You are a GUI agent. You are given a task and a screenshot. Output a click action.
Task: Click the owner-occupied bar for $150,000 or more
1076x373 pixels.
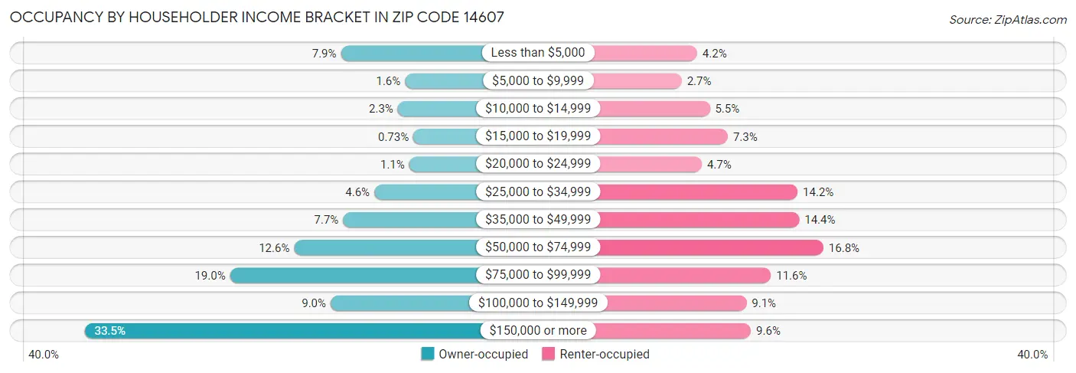pos(283,331)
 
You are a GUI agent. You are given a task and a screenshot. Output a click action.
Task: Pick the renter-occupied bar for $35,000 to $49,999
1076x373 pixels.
pos(696,220)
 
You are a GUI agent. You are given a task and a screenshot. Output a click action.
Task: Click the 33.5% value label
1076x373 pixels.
pos(109,331)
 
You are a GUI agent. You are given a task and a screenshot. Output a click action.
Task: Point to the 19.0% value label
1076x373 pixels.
pos(209,275)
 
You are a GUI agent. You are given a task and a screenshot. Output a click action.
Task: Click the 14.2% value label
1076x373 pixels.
pos(818,192)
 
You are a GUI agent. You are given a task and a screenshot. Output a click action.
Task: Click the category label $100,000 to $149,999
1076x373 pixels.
pos(538,303)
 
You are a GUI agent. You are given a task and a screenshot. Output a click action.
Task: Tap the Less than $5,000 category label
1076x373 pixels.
pos(538,53)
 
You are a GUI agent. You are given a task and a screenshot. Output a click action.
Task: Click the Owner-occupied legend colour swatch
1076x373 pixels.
pos(428,355)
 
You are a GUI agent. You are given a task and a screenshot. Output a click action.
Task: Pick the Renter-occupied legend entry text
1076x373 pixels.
pos(605,355)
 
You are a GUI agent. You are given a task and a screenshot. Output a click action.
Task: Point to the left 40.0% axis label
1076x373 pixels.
pos(44,355)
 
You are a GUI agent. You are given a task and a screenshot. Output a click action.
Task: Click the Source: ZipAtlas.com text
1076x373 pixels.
pos(1008,19)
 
